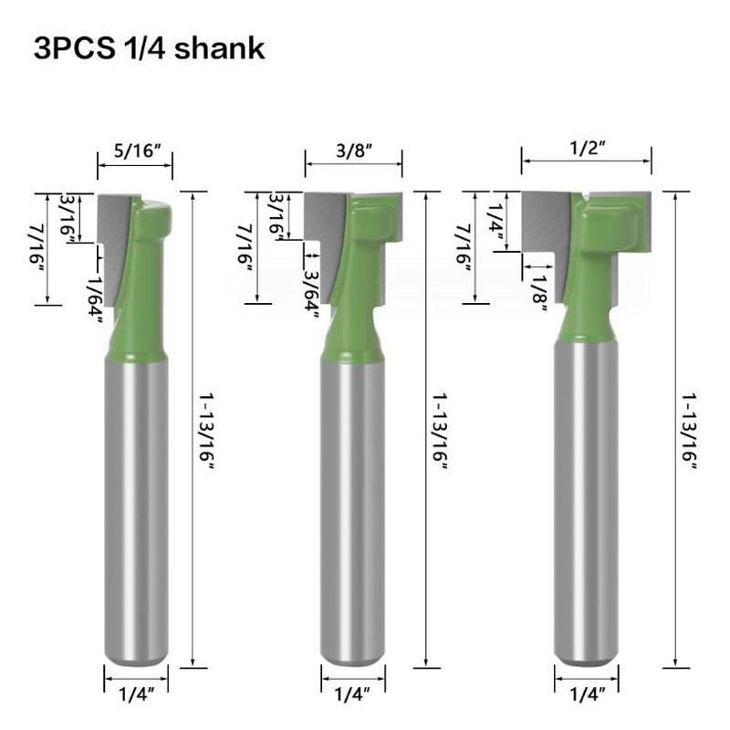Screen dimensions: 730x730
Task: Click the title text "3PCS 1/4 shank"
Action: coord(149,48)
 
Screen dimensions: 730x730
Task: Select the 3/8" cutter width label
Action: coord(353,149)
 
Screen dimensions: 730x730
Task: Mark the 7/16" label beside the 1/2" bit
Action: coord(464,246)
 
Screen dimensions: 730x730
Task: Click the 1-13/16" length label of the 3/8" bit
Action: coord(441,430)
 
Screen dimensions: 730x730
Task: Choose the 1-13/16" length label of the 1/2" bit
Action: coord(689,430)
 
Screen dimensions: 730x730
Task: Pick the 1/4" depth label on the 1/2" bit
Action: coord(496,219)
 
